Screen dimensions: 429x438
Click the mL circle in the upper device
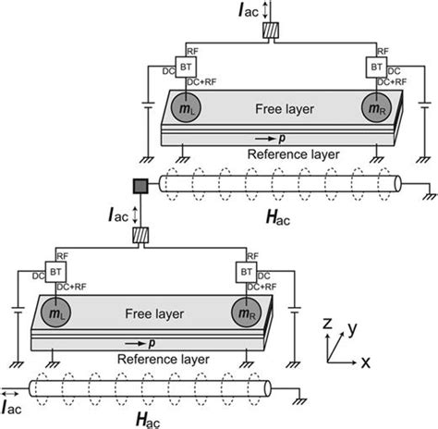point(183,107)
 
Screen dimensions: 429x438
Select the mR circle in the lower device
point(247,312)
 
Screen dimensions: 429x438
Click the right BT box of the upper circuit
point(378,69)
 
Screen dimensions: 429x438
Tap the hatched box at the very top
point(270,31)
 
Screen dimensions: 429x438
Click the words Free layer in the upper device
point(278,107)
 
